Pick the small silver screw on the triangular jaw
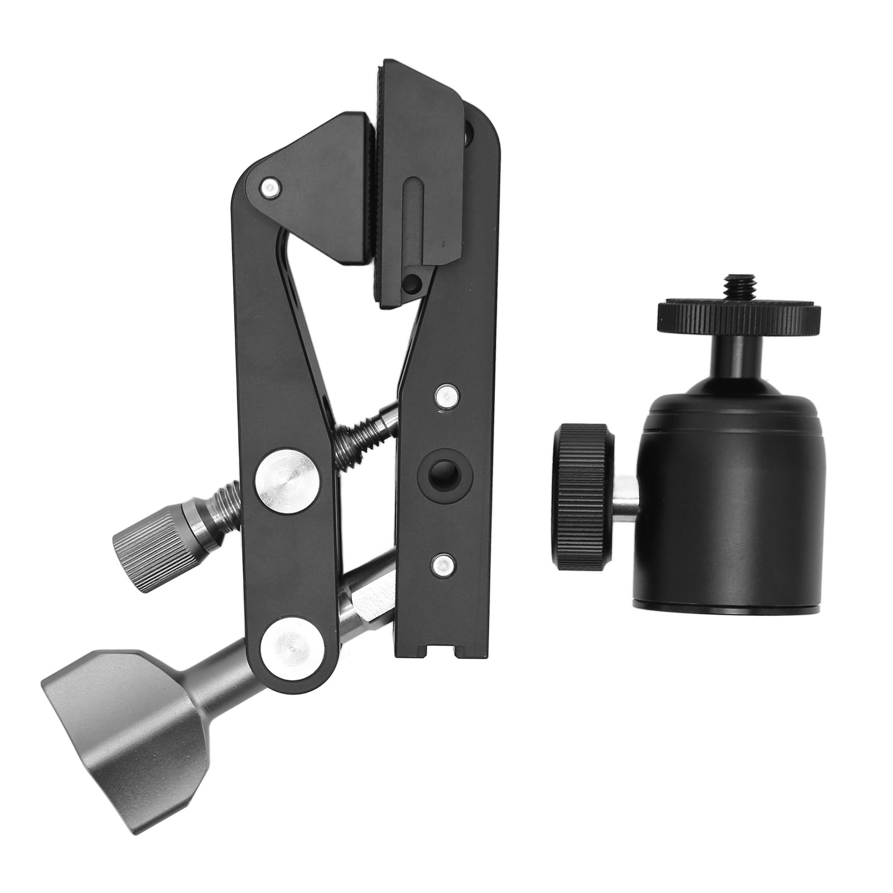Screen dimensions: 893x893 270,188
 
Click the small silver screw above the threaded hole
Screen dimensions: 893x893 446,396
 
